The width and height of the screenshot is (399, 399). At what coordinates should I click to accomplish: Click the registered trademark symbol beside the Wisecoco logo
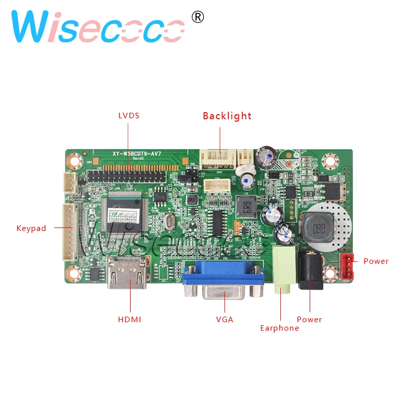[198, 17]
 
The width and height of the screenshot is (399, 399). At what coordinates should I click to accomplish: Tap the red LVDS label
[129, 116]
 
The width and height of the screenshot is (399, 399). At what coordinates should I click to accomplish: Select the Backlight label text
[227, 116]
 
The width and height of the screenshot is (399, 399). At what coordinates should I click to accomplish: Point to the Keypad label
[31, 228]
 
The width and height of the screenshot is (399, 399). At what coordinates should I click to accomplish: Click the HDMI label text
[130, 319]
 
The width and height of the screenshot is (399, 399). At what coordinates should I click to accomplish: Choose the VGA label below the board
[224, 319]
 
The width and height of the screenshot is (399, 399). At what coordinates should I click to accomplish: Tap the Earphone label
[279, 328]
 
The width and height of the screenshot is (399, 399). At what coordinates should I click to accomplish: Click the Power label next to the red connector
[376, 261]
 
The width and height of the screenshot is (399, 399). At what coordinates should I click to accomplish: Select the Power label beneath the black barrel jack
[309, 319]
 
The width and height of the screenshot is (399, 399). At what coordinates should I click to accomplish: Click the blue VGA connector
[223, 282]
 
